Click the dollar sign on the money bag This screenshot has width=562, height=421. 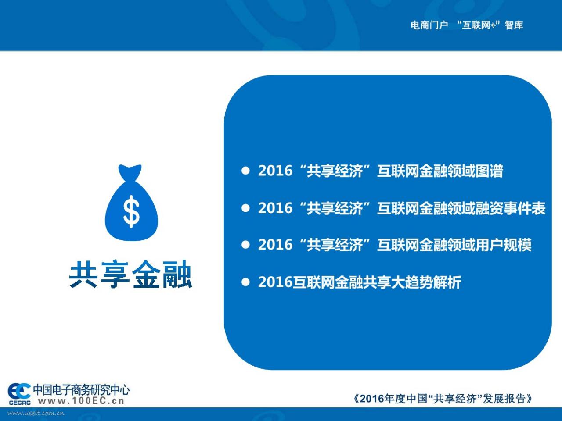pos(131,212)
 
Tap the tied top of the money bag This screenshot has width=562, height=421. pos(130,172)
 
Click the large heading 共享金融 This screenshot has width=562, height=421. pos(130,274)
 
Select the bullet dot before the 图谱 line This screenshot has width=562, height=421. pos(245,171)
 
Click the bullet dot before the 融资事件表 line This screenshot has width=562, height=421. pos(245,208)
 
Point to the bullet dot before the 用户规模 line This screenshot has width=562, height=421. pos(245,245)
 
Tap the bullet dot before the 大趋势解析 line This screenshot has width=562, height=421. pos(245,282)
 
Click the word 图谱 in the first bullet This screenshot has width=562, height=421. pos(489,171)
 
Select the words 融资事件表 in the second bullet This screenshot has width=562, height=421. pos(511,208)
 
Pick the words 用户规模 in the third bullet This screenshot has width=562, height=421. pos(503,245)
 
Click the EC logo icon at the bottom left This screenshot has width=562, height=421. pos(19,391)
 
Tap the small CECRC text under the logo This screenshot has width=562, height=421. pos(20,403)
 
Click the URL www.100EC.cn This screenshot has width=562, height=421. pos(81,400)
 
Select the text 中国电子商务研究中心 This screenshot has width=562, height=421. pos(81,389)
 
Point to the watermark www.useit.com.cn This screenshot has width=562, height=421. pos(36,413)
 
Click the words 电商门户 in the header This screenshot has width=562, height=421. pos(429,25)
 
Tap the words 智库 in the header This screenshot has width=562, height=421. pos(514,25)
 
